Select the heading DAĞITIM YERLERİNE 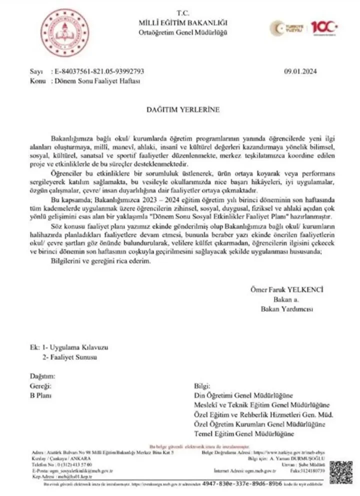179,108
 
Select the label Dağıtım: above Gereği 41,376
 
